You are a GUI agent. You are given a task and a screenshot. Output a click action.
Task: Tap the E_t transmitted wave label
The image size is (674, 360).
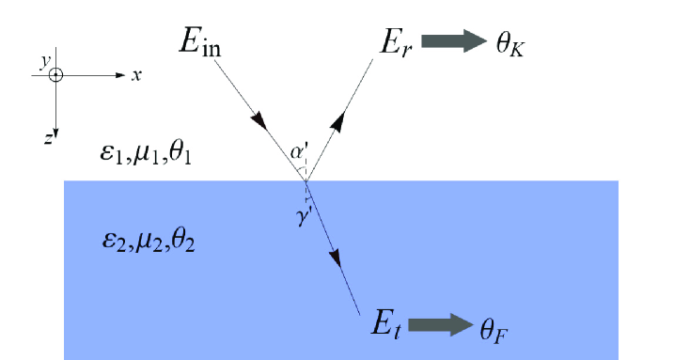[x=386, y=328]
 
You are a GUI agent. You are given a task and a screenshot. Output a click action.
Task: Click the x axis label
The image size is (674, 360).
[x=136, y=75]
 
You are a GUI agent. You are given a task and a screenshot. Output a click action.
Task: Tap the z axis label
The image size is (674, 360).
[x=47, y=137]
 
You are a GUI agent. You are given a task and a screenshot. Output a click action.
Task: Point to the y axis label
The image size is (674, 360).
[x=43, y=59]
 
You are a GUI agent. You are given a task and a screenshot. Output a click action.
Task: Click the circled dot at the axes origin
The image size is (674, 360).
[x=56, y=75]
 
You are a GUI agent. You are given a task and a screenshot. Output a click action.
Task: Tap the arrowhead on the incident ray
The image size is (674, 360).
[x=260, y=124]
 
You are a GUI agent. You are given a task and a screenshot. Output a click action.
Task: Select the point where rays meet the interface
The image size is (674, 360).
[x=306, y=180]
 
